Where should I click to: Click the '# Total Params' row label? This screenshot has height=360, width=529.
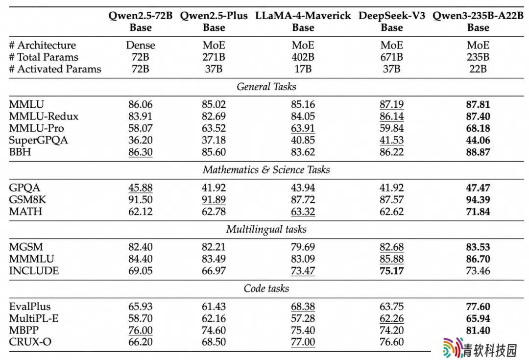click(x=44, y=57)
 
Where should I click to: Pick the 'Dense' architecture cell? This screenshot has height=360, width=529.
click(x=141, y=45)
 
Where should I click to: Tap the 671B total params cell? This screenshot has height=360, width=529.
click(x=392, y=57)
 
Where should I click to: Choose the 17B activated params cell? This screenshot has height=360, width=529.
click(x=303, y=69)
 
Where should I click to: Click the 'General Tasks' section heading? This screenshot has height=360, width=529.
click(x=266, y=87)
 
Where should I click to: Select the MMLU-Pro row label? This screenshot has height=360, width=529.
click(x=36, y=128)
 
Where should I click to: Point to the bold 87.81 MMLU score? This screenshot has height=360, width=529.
click(x=478, y=105)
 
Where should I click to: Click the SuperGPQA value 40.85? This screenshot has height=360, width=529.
click(x=303, y=140)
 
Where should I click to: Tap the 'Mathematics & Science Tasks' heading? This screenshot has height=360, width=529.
click(x=266, y=169)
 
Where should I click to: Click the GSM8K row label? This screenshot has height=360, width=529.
click(x=27, y=199)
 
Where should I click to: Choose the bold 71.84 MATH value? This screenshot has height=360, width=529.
click(x=478, y=212)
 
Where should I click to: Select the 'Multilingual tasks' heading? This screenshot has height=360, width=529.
click(x=266, y=229)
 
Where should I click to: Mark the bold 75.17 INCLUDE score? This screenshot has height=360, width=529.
click(x=392, y=270)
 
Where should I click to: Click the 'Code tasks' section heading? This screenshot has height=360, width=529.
click(x=266, y=288)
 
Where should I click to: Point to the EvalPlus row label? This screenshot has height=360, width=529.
click(x=30, y=306)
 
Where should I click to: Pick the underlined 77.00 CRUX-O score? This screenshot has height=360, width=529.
click(x=303, y=342)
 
